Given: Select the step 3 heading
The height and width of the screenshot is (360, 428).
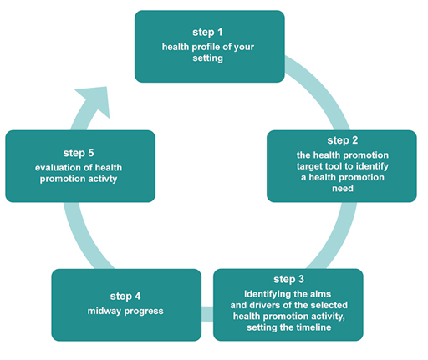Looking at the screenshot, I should click(288, 278).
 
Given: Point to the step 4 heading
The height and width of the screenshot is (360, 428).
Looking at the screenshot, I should click(126, 295).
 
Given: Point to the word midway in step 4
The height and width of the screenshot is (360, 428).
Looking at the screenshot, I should click(105, 312).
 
